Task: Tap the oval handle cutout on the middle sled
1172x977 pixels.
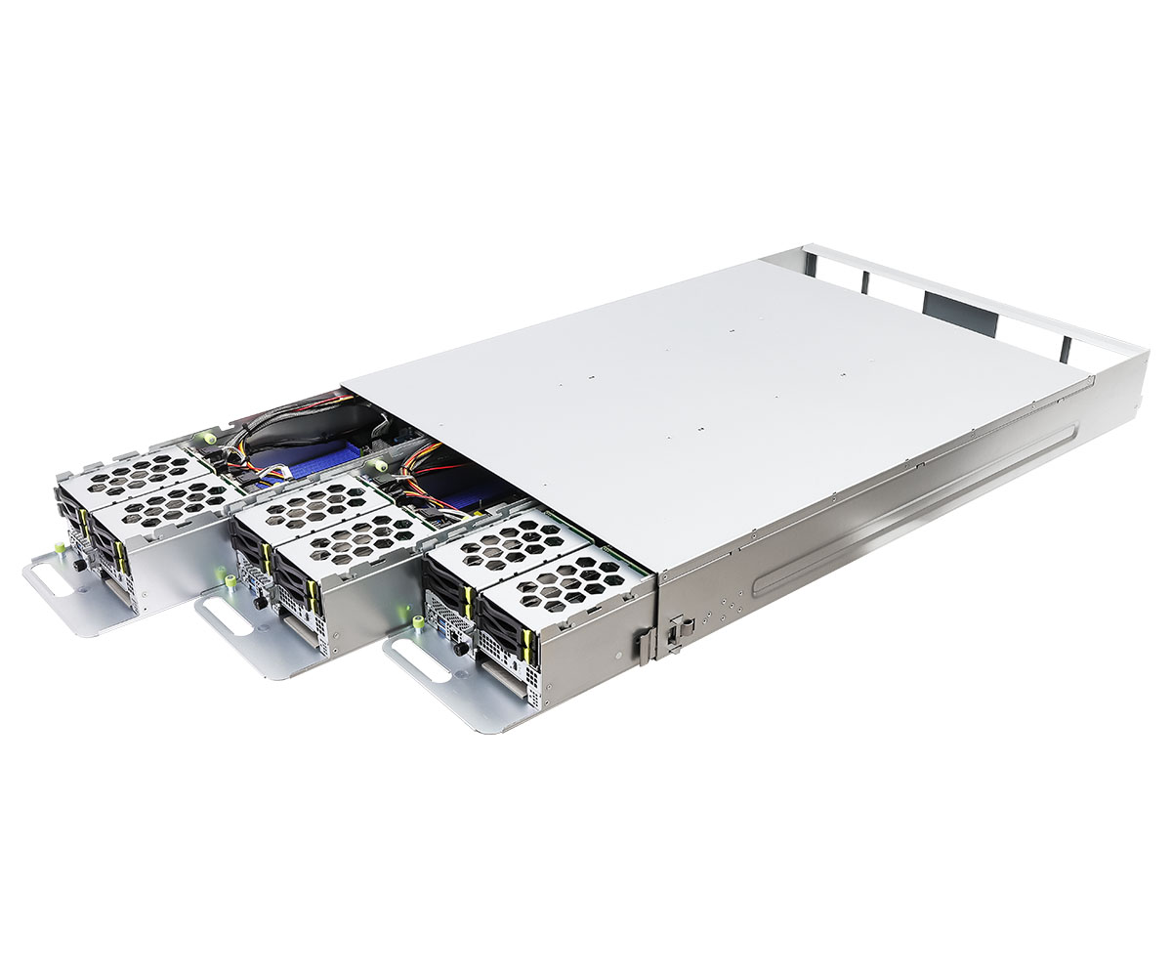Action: [228, 619]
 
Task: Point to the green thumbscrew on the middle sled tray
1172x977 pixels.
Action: [231, 583]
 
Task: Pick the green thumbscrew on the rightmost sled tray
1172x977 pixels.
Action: [418, 623]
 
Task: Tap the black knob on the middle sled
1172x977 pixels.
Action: [260, 603]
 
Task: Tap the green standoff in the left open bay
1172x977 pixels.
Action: [203, 438]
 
